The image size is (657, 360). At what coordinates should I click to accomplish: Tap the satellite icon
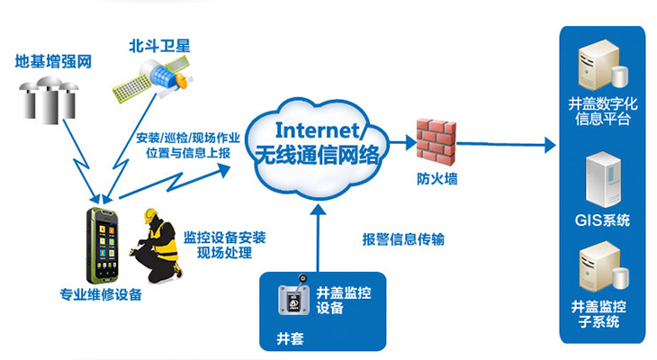point(148,84)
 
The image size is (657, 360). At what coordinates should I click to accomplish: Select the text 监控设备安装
point(224,238)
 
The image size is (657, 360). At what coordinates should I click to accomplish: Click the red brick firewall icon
point(436,138)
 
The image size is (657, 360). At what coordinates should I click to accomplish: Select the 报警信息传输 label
point(403,239)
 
